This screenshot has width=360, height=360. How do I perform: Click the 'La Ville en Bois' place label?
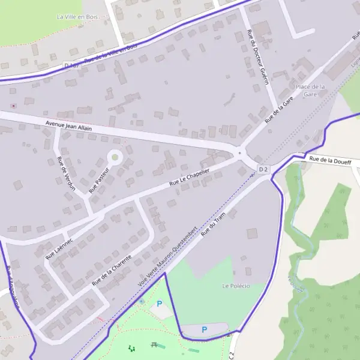[x=76, y=17]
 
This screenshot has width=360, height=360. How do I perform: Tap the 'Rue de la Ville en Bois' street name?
[x=111, y=53]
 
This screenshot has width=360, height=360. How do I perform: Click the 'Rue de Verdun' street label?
[x=65, y=173]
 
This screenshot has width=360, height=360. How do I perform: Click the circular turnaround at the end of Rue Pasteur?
[x=115, y=158]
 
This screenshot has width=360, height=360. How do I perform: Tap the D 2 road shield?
[x=263, y=170]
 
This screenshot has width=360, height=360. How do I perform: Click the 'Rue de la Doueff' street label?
[x=330, y=160]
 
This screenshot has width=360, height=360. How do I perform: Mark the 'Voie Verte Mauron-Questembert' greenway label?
[x=168, y=256]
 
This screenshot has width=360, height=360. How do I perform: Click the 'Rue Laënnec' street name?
[x=59, y=248]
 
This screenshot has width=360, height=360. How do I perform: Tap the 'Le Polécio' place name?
[x=236, y=286]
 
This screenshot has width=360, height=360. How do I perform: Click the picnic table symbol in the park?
[x=155, y=345]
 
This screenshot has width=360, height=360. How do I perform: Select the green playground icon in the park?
[x=131, y=347]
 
